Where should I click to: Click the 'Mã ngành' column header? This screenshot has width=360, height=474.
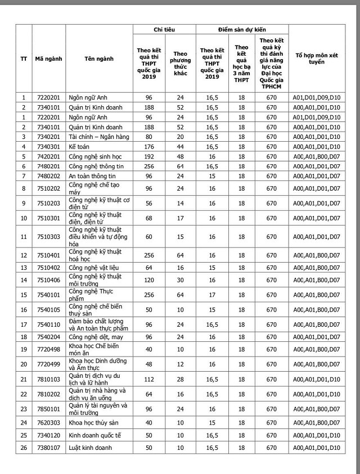click(48, 58)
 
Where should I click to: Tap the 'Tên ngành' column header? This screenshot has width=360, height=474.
click(99, 58)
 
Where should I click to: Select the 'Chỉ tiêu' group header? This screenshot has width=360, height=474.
click(164, 29)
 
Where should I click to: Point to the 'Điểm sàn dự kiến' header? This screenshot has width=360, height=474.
click(242, 29)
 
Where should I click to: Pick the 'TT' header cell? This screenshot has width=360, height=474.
click(24, 58)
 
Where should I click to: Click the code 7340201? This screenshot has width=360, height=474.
click(48, 137)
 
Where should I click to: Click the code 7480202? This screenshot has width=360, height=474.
click(48, 176)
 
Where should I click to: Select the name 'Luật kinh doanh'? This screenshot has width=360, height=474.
click(90, 448)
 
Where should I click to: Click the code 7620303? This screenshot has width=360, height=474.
click(48, 422)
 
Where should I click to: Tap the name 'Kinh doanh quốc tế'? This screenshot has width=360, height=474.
click(94, 435)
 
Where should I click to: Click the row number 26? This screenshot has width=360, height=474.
click(24, 448)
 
